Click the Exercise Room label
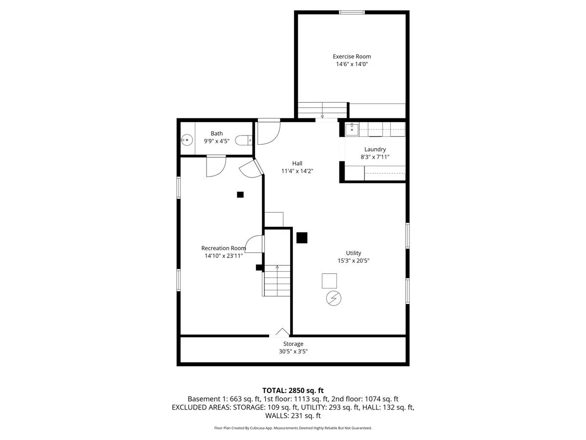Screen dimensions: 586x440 pos(352,56)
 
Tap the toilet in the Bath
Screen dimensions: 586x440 pos(244,140)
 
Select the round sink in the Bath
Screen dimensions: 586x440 pos(187,140)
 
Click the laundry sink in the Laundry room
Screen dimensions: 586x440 pos(352,129)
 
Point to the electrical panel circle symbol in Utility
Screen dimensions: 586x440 pos(334,298)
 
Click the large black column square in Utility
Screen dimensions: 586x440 pos(302,238)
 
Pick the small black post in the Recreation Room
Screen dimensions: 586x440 pos(240,195)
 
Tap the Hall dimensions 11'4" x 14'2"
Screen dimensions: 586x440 pos(297,171)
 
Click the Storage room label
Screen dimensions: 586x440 pos(293,344)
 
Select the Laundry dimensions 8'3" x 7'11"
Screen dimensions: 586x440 pos(375,157)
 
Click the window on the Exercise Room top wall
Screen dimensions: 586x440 pos(352,12)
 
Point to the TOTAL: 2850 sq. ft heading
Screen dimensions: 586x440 pos(293,391)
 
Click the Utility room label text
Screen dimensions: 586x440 pos(354,253)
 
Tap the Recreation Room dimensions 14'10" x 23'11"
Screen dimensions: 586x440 pos(224,256)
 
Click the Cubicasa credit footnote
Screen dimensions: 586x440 pos(293,428)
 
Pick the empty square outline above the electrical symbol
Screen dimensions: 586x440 pos(329,281)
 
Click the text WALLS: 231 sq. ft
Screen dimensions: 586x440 pos(293,416)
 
